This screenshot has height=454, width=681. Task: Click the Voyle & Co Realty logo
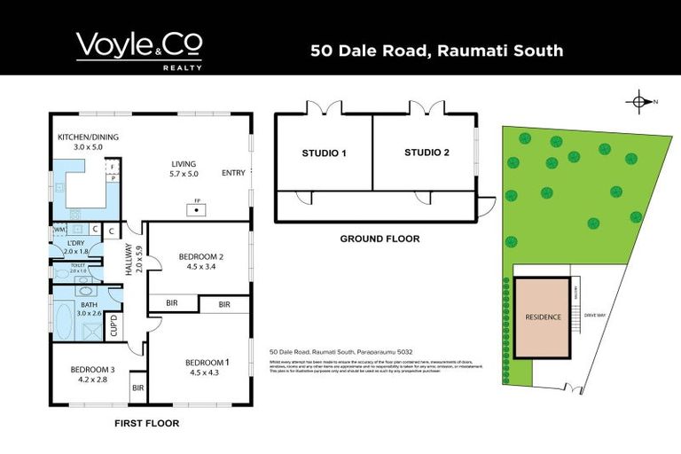(x=139, y=50)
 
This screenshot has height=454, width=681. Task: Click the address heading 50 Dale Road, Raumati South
(x=436, y=51)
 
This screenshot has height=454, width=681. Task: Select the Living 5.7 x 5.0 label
(x=187, y=169)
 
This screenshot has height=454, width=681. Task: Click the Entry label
(x=234, y=173)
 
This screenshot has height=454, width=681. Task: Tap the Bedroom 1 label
(x=207, y=366)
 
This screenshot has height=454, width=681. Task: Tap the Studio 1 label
(x=324, y=153)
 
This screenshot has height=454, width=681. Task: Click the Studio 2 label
(x=427, y=153)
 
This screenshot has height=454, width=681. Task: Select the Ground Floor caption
(x=380, y=239)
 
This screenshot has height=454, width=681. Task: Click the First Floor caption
(x=147, y=424)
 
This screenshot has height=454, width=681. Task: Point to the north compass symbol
(x=639, y=102)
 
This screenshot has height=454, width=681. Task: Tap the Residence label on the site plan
(x=543, y=317)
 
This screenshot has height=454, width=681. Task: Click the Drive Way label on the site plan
(x=593, y=315)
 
